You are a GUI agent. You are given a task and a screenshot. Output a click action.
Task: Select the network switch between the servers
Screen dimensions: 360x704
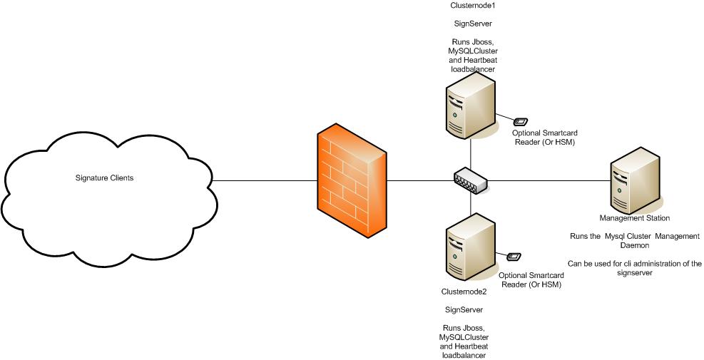(471, 181)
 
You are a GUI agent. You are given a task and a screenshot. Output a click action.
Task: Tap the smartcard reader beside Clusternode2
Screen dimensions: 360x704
(514, 257)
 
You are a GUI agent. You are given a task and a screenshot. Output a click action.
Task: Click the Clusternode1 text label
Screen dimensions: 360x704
(472, 5)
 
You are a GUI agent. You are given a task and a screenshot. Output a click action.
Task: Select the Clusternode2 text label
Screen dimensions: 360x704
(464, 292)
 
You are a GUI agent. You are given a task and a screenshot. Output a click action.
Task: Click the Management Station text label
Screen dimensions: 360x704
(635, 217)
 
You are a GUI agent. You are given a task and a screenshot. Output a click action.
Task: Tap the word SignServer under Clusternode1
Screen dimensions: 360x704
(472, 24)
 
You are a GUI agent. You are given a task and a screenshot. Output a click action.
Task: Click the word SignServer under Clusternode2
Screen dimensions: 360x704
(464, 310)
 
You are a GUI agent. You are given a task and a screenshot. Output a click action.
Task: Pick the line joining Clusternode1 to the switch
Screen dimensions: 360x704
(471, 153)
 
